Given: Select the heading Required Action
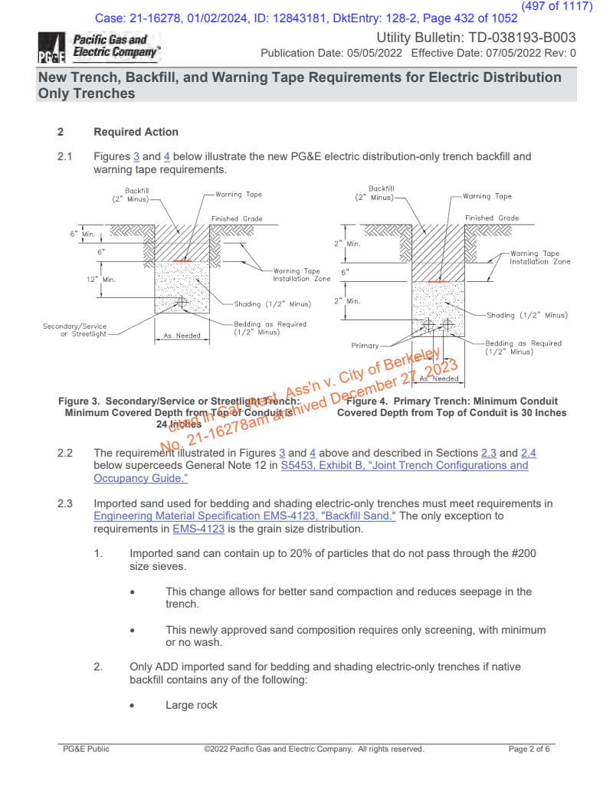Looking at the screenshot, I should [136, 132].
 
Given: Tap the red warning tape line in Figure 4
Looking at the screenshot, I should [438, 282].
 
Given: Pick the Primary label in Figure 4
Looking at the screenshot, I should [365, 346].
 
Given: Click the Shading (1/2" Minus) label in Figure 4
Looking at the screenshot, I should [526, 315].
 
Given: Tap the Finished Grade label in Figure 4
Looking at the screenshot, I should [490, 218].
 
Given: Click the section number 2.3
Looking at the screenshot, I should [65, 503].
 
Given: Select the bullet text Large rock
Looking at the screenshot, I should [192, 705].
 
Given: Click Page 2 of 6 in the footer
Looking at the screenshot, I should [529, 749].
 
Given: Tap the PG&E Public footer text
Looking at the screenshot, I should [86, 749].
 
